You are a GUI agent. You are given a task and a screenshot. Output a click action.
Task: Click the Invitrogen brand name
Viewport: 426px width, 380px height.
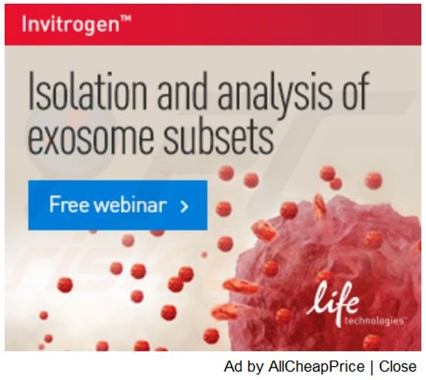pyautogui.click(x=70, y=25)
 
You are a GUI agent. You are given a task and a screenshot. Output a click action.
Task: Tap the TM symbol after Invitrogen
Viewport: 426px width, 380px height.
pyautogui.click(x=126, y=19)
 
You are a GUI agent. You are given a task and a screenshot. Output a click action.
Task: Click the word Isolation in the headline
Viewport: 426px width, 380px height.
pyautogui.click(x=88, y=91)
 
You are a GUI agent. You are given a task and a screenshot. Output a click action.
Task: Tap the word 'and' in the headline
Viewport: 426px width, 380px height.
pyautogui.click(x=182, y=91)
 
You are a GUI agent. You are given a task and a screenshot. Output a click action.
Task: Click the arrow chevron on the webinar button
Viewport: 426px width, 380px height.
pyautogui.click(x=185, y=206)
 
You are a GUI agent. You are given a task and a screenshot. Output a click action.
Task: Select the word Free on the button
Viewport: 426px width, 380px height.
pyautogui.click(x=69, y=205)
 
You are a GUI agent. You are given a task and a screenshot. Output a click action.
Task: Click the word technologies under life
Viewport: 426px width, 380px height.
pyautogui.click(x=375, y=321)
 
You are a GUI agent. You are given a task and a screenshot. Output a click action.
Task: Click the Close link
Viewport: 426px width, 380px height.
pyautogui.click(x=398, y=366)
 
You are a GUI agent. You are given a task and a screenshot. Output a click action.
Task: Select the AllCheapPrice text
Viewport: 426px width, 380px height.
pyautogui.click(x=316, y=366)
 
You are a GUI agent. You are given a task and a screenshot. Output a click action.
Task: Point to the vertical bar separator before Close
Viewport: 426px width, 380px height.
pyautogui.click(x=372, y=367)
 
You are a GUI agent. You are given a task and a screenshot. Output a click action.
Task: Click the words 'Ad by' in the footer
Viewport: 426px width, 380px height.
pyautogui.click(x=244, y=367)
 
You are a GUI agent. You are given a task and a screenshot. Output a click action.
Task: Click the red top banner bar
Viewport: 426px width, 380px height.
pyautogui.click(x=213, y=25)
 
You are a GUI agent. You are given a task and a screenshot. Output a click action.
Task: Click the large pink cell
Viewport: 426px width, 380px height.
pyautogui.click(x=326, y=272)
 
